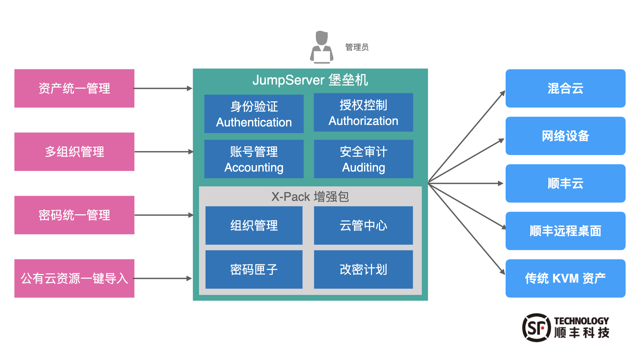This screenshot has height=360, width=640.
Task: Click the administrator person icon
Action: (x=322, y=47)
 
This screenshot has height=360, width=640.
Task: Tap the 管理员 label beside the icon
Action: (x=357, y=47)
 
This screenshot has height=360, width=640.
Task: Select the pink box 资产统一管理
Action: (x=74, y=88)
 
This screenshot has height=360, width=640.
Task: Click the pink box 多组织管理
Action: (x=74, y=152)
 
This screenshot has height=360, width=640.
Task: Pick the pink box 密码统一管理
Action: (x=74, y=215)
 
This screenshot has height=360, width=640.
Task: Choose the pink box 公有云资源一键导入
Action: (x=74, y=278)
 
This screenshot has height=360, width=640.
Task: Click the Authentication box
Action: (x=254, y=114)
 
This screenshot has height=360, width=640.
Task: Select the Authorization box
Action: (x=363, y=113)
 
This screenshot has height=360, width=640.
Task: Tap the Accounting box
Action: (x=254, y=159)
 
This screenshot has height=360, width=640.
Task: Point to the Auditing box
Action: (x=363, y=159)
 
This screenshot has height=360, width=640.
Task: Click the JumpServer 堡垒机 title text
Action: (x=310, y=80)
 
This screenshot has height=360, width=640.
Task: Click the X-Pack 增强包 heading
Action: (x=310, y=197)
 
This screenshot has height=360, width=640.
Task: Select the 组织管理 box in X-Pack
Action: (x=254, y=225)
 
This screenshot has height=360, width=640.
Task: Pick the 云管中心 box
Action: (x=363, y=225)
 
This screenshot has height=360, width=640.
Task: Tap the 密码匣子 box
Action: (x=254, y=269)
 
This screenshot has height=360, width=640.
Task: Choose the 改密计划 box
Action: (x=363, y=269)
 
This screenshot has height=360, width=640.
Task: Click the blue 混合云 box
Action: (x=565, y=88)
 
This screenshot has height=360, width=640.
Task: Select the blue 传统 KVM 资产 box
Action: (x=565, y=278)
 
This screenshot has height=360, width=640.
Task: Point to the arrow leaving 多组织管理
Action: (x=163, y=152)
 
